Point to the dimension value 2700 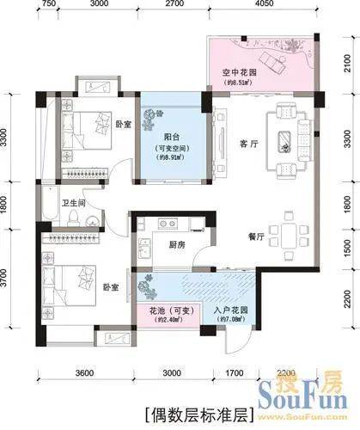click(x=174, y=4)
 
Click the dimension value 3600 click(x=82, y=373)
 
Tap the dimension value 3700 click(x=5, y=279)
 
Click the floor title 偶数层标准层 click(x=197, y=409)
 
